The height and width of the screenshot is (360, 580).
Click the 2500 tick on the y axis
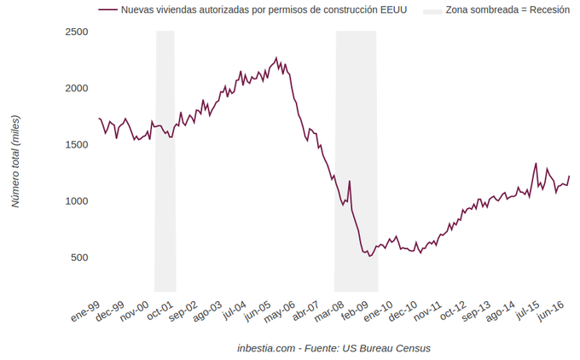(78, 32)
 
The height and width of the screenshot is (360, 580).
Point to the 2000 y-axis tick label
(78, 88)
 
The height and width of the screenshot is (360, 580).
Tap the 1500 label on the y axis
(78, 144)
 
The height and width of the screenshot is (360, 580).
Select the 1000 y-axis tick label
(78, 200)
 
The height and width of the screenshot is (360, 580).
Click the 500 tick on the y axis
(80, 257)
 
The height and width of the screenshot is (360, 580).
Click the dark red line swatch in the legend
(107, 10)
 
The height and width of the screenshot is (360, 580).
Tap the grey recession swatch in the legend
(432, 10)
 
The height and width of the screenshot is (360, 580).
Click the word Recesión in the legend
(544, 10)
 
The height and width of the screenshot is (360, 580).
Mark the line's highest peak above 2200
(276, 58)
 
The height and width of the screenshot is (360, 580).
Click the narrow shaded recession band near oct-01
(165, 162)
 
